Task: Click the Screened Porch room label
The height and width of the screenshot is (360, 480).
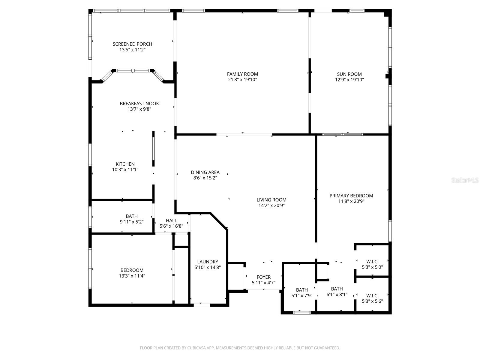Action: [132, 44]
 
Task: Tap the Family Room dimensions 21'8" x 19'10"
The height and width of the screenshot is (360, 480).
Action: [242, 80]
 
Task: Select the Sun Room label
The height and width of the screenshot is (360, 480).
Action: [349, 74]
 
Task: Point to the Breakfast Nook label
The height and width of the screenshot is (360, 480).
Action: [139, 103]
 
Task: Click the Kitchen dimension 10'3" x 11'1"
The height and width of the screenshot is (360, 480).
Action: [125, 170]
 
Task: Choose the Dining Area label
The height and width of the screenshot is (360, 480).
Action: [205, 172]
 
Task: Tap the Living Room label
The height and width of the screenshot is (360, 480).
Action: [271, 200]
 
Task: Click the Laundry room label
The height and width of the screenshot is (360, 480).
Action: [208, 262]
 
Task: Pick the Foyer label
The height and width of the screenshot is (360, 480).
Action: [263, 277]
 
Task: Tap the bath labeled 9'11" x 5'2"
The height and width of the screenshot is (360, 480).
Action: [132, 219]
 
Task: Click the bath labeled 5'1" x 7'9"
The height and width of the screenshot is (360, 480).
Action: [302, 292]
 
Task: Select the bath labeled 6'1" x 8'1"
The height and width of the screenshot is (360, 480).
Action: [337, 292]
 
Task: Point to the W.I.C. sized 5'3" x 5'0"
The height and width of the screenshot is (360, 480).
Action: [372, 264]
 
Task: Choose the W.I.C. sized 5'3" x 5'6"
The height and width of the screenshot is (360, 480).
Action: [372, 298]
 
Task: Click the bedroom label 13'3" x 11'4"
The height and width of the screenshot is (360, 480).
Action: [132, 273]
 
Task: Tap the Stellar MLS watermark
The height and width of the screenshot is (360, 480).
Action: [465, 180]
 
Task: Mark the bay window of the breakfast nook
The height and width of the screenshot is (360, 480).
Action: [133, 71]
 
